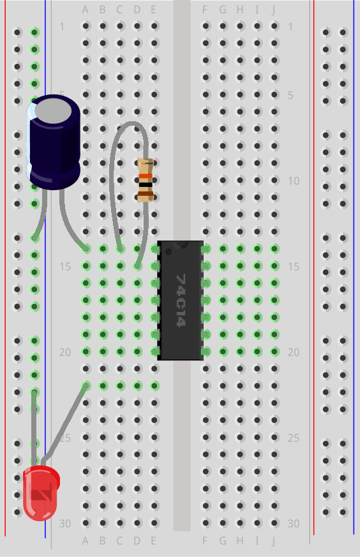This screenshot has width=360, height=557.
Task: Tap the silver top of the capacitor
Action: pyautogui.click(x=54, y=111)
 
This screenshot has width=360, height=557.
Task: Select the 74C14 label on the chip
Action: pyautogui.click(x=181, y=300)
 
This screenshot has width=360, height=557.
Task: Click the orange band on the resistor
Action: pyautogui.click(x=146, y=176)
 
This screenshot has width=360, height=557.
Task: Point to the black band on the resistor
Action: pyautogui.click(x=146, y=185)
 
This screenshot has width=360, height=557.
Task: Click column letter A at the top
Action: pyautogui.click(x=86, y=10)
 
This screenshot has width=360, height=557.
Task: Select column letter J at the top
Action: pyautogui.click(x=274, y=10)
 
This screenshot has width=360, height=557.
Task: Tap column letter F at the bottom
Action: pyautogui.click(x=205, y=540)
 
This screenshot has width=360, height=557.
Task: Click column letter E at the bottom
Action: pyautogui.click(x=154, y=540)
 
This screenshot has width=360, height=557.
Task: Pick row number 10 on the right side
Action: pyautogui.click(x=294, y=181)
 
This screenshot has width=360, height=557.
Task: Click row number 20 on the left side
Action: pyautogui.click(x=65, y=352)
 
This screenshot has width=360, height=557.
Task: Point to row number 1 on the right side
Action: pyautogui.click(x=290, y=27)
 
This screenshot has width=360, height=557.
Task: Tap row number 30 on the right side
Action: pyautogui.click(x=294, y=523)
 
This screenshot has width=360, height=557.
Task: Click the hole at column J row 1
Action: pyautogui.click(x=274, y=26)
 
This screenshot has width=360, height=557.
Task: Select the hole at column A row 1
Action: pyautogui.click(x=86, y=26)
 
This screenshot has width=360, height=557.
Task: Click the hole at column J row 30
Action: pyautogui.click(x=274, y=523)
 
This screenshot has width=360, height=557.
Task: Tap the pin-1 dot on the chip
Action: pyautogui.click(x=169, y=251)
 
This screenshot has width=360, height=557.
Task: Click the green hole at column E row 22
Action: pyautogui.click(x=154, y=385)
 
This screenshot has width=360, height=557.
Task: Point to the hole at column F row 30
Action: pyautogui.click(x=206, y=523)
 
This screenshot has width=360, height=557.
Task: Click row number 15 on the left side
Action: pyautogui.click(x=65, y=267)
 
